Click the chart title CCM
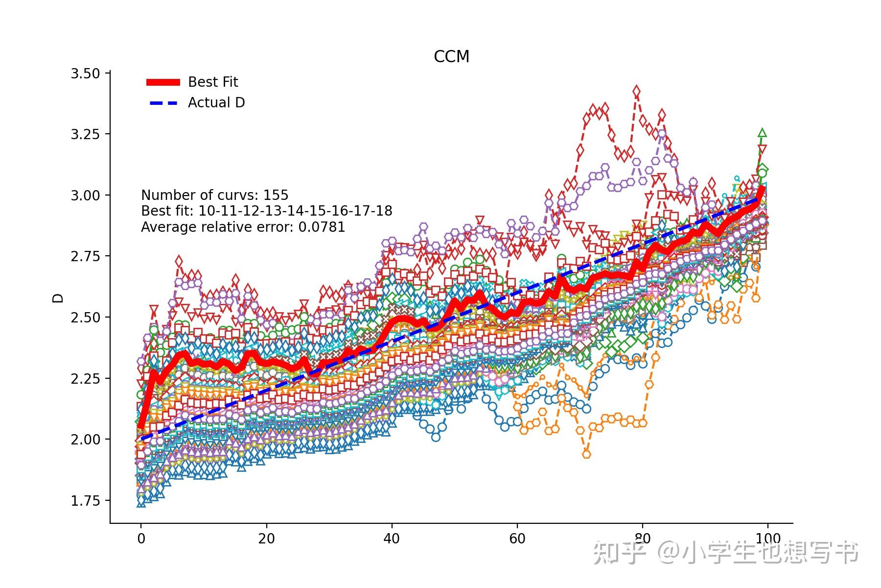[451, 57]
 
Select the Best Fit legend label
[213, 82]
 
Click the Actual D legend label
[216, 102]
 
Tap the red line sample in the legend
[163, 82]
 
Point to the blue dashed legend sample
[163, 103]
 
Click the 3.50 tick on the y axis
[85, 73]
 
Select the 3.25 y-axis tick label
[85, 134]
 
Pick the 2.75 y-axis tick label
[85, 256]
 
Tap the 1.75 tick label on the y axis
[85, 501]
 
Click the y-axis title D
[58, 298]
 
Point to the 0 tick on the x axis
[141, 539]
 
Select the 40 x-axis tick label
[392, 539]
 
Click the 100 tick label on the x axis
[767, 539]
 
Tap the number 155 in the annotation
[276, 195]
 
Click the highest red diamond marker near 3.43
[636, 91]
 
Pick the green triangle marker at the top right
[762, 133]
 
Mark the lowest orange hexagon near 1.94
[586, 454]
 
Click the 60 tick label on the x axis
[517, 539]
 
